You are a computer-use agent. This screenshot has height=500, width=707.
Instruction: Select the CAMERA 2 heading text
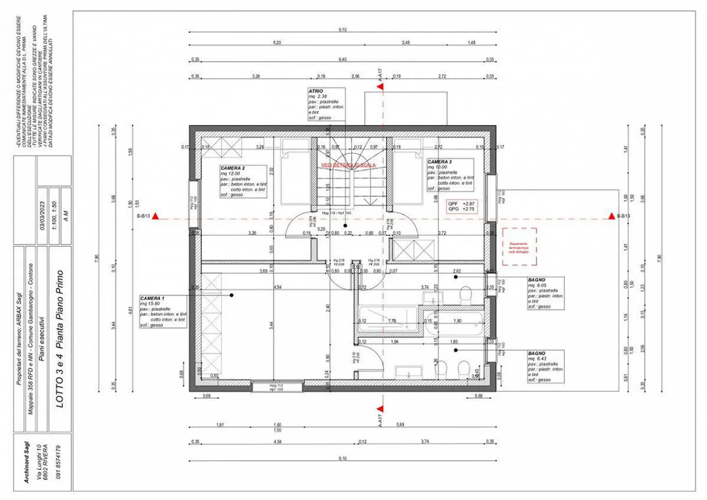(x=232, y=168)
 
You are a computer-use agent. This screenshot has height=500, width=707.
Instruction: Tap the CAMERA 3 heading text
(x=439, y=161)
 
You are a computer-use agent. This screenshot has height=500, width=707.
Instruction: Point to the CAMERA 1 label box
(x=163, y=312)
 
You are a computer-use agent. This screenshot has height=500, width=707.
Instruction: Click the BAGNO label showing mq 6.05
(x=545, y=293)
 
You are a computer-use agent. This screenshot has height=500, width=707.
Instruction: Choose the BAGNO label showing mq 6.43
(x=545, y=367)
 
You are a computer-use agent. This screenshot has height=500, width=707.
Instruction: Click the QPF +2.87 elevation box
(x=462, y=206)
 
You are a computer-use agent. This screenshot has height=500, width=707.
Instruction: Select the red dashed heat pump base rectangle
(x=519, y=246)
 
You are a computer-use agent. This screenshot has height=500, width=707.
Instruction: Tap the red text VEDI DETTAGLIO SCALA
(x=348, y=165)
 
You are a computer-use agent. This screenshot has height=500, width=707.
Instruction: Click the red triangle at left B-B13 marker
(x=155, y=216)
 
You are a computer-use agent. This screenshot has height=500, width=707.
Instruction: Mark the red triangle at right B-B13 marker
(x=611, y=216)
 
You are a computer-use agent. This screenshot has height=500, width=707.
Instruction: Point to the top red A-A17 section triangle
(x=380, y=87)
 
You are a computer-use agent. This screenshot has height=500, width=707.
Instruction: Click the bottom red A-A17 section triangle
(x=380, y=408)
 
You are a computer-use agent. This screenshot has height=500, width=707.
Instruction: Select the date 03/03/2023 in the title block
(x=42, y=216)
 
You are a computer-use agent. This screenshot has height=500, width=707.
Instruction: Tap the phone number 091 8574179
(x=58, y=462)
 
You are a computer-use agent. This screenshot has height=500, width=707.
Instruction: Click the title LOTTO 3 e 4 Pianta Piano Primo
(x=59, y=339)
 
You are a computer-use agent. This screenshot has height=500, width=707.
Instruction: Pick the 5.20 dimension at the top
(x=277, y=43)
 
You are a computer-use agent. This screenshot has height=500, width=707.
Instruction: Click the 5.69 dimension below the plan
(x=400, y=424)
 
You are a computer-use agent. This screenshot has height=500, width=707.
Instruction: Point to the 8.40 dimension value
(x=342, y=59)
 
